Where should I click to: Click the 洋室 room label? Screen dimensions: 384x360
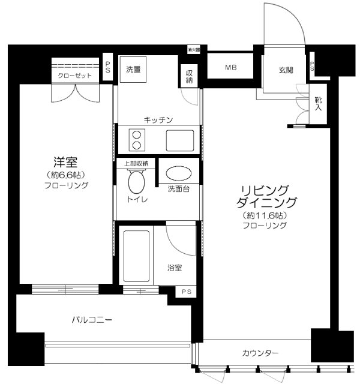(67, 161)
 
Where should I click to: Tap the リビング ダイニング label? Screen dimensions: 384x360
(263, 196)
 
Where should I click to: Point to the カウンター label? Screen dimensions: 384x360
(260, 353)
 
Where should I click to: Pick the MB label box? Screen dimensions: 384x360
(231, 68)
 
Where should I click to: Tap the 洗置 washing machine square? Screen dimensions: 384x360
(133, 69)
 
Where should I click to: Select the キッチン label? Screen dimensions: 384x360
(158, 120)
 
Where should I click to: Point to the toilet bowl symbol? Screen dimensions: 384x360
(136, 180)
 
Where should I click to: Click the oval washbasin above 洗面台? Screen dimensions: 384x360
(178, 174)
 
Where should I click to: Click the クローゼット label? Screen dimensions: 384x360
(75, 76)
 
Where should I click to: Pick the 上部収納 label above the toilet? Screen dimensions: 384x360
(136, 163)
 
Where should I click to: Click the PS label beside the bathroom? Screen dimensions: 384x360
(184, 292)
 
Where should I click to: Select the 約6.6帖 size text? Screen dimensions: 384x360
(67, 175)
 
